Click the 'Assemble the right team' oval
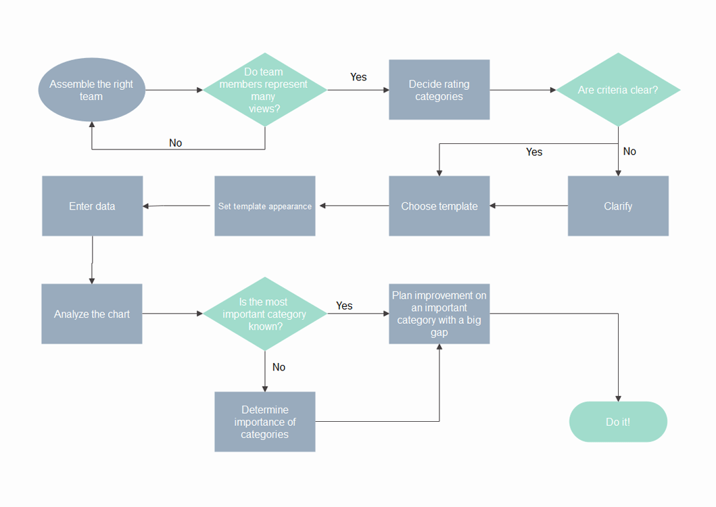(92, 89)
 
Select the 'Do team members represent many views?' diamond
(265, 89)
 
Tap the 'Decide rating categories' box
(439, 89)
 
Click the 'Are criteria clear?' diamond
(618, 89)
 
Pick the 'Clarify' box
(618, 206)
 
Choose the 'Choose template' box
(439, 206)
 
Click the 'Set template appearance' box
(265, 206)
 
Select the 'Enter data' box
(92, 206)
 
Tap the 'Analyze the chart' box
(92, 314)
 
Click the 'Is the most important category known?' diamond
(265, 314)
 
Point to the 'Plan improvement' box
(439, 314)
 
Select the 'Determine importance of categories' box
(265, 422)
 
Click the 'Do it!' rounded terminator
(618, 422)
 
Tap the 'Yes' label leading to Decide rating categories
(358, 77)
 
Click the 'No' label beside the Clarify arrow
(629, 151)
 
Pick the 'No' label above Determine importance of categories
(279, 367)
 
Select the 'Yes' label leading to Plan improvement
(344, 306)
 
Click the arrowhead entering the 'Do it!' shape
(618, 399)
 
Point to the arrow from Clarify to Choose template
(529, 206)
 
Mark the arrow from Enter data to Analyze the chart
(92, 260)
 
